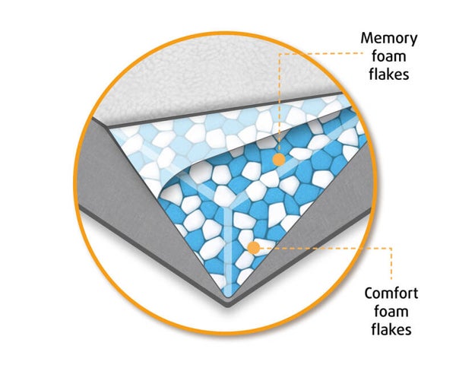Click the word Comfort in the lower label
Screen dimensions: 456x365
point(390,294)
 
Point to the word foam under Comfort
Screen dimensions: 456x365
point(390,312)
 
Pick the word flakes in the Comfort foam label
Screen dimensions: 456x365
point(390,329)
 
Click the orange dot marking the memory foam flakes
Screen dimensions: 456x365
point(279,159)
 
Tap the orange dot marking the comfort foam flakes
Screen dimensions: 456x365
point(254,246)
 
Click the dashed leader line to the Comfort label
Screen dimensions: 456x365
point(327,246)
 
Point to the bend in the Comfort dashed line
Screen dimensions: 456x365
point(391,246)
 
